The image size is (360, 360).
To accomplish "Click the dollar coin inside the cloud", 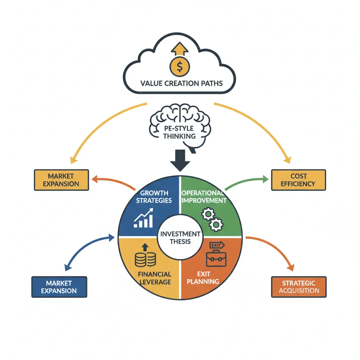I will click(179, 65).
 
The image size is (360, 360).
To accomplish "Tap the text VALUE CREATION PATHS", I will click(181, 84).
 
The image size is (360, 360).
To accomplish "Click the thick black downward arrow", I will click(180, 160).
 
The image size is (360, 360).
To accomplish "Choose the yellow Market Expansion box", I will click(62, 180).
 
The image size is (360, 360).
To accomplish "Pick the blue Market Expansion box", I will click(59, 287).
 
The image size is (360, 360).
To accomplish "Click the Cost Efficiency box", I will click(298, 180).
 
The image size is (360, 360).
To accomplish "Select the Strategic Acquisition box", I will click(299, 287).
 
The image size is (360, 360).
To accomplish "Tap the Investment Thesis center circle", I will click(180, 238).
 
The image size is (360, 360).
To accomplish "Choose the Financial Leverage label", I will click(155, 278).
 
